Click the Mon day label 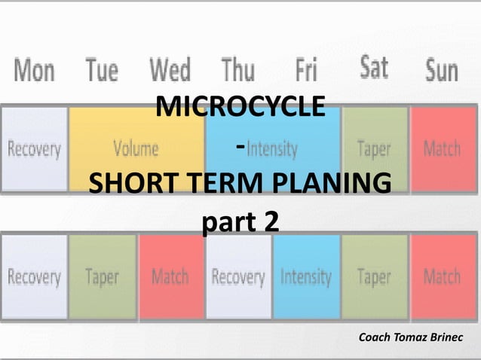35,72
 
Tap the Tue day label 102,72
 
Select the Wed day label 170,71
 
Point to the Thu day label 237,72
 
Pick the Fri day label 305,72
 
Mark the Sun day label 441,72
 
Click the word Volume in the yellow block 136,148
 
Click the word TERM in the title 215,184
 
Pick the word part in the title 225,222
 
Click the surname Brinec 451,336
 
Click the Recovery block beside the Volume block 35,148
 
